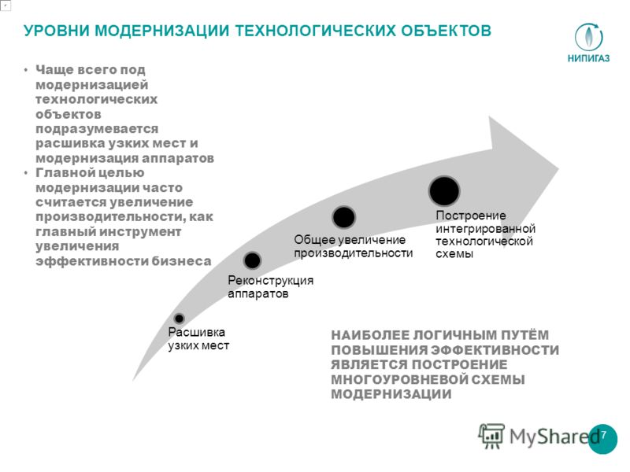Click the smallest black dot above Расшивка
[x=180, y=319]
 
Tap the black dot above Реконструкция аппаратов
[x=252, y=260]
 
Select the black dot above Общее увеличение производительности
[x=344, y=217]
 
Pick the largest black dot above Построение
[x=444, y=191]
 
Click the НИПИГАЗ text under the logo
[x=588, y=58]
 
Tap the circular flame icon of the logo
[x=588, y=37]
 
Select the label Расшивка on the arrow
[x=196, y=332]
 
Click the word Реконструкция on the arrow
[x=270, y=280]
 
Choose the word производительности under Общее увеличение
[x=353, y=253]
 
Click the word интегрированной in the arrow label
[x=485, y=229]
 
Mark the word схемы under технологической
[x=454, y=254]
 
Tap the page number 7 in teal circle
[x=603, y=436]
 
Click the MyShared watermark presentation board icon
[x=491, y=436]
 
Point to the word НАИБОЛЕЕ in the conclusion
[x=369, y=335]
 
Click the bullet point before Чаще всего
[x=26, y=71]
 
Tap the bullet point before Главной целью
[x=26, y=173]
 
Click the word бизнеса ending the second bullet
[x=181, y=261]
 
